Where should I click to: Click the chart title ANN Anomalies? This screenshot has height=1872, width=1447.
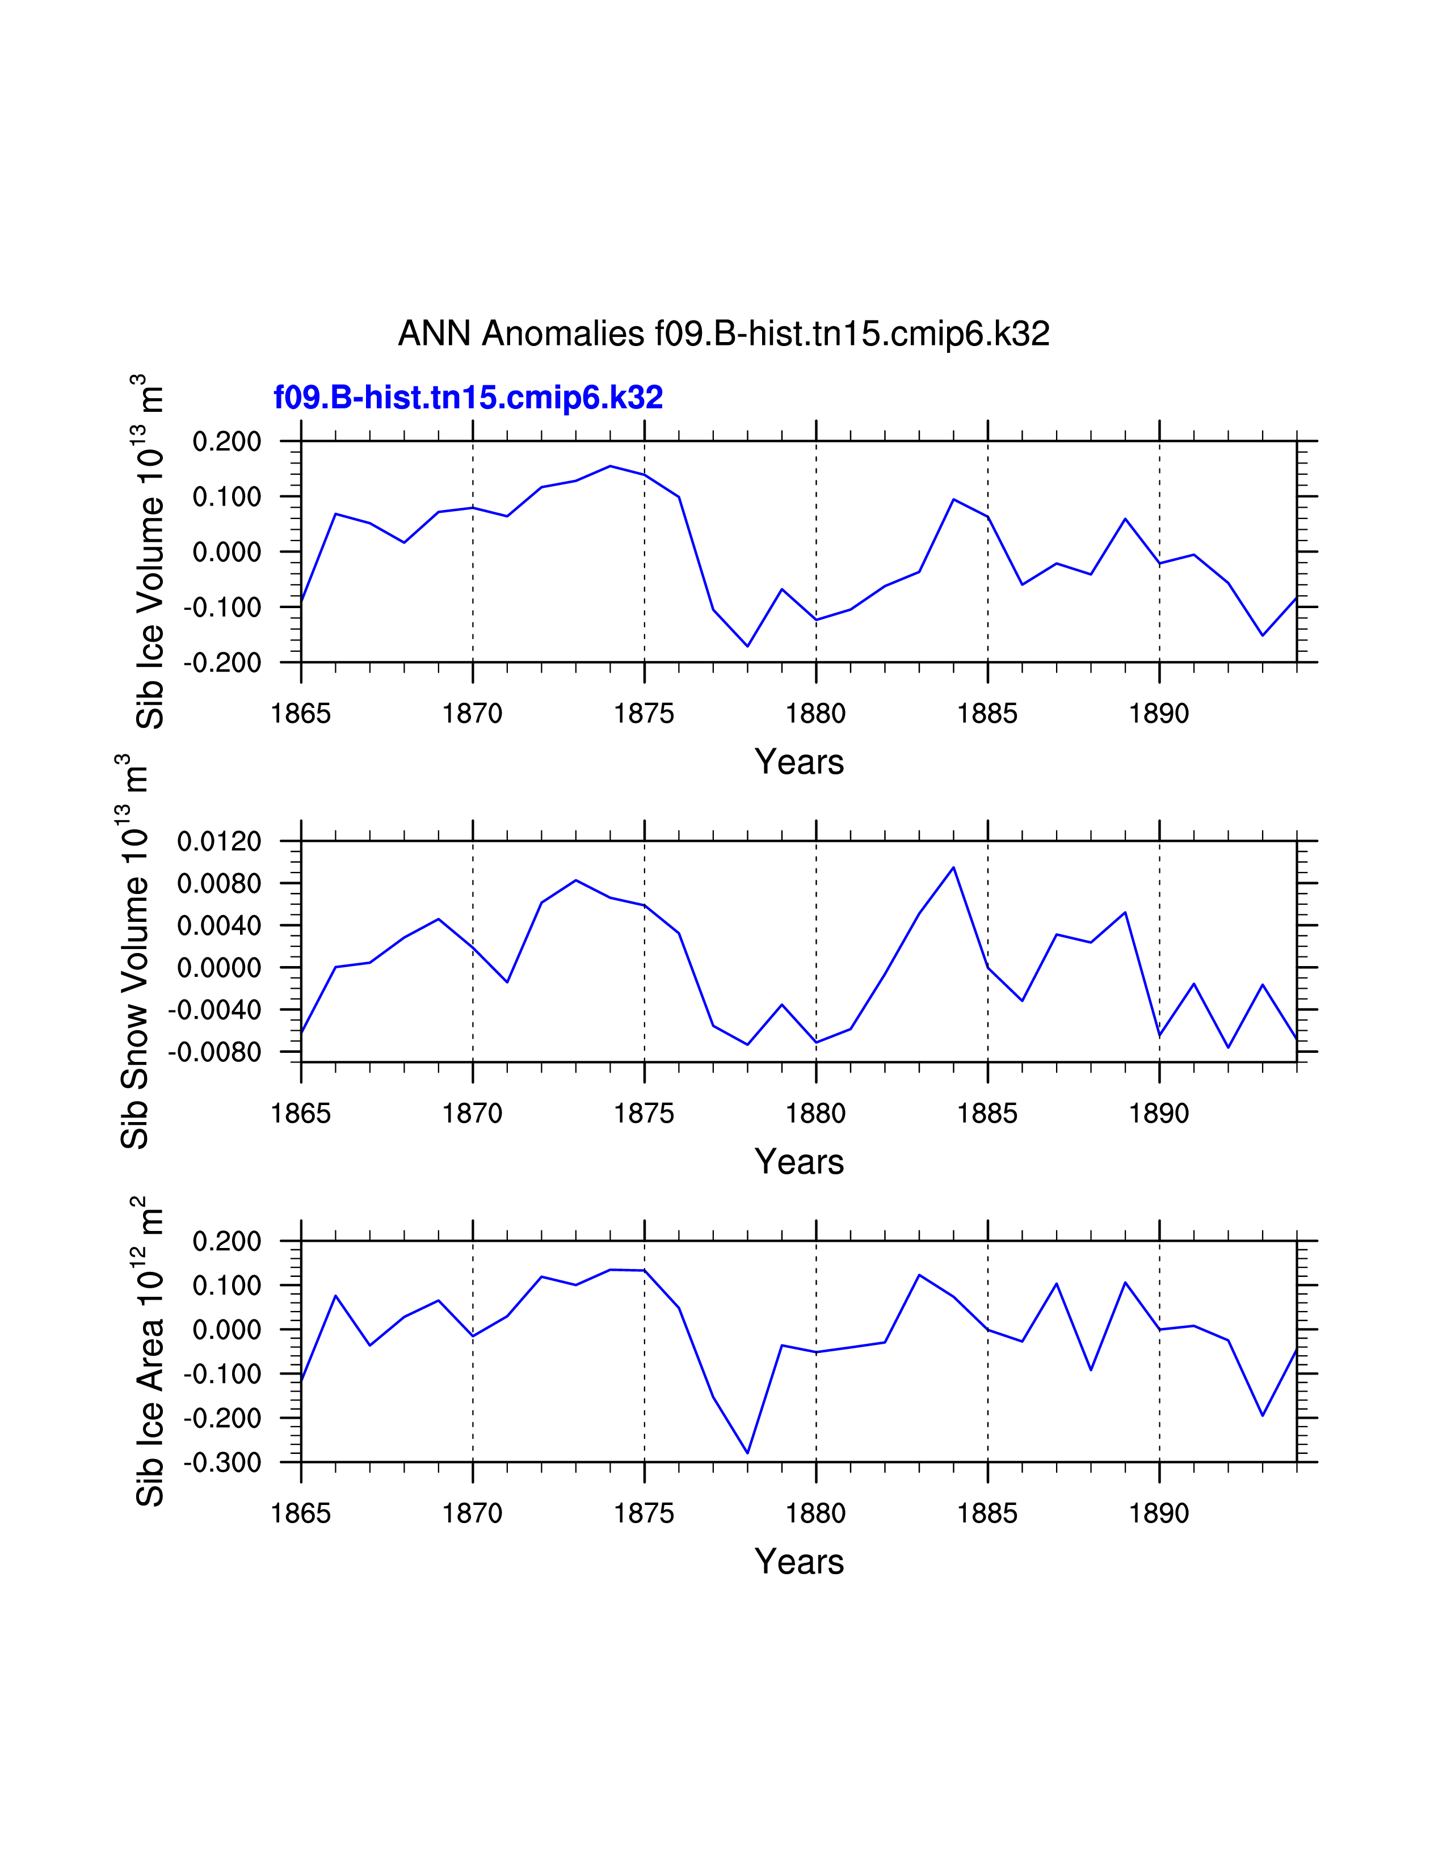point(724,334)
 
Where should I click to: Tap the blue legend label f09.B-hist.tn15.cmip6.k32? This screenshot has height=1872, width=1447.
point(468,398)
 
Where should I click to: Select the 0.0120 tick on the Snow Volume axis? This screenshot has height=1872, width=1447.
point(218,842)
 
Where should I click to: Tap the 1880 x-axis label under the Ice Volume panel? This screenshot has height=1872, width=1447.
point(815,713)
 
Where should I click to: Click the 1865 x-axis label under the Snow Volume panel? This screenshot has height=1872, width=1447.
point(300,1114)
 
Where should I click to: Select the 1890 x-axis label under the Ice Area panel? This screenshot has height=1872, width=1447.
point(1159,1513)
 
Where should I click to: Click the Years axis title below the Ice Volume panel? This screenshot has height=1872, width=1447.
point(799,762)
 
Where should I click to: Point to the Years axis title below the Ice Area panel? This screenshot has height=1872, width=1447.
point(799,1562)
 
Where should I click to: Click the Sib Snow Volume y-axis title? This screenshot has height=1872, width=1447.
point(134,951)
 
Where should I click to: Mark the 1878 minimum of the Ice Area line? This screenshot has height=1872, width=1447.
point(747,1453)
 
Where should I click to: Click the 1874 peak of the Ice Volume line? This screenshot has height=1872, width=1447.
point(611,466)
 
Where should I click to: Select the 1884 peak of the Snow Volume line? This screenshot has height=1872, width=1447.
point(953,867)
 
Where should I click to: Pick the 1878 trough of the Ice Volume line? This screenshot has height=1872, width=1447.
point(747,646)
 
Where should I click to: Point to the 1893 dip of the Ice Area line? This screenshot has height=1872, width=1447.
point(1263,1415)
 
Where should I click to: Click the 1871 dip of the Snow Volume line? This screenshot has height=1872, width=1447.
point(507,981)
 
